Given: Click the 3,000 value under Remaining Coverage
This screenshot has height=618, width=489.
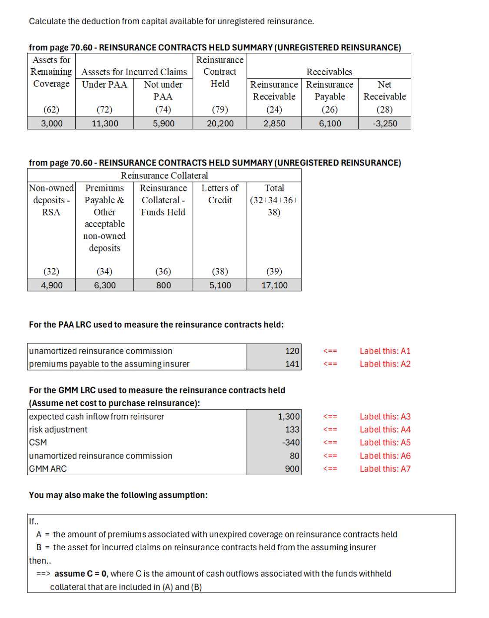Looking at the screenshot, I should tap(52, 123).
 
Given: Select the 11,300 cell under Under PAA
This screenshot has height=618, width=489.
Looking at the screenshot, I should tap(105, 123).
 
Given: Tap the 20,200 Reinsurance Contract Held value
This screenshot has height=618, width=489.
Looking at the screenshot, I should tap(220, 123).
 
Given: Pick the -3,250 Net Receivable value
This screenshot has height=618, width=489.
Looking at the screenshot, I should tap(385, 123).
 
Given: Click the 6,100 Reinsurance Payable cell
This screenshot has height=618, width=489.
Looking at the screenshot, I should tap(330, 123).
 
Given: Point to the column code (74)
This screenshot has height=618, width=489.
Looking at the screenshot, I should tap(163, 109).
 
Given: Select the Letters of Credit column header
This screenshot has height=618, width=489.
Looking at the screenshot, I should tap(220, 194).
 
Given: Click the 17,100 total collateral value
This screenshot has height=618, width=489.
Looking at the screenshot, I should tap(274, 285).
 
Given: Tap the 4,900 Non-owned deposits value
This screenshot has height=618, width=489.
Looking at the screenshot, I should tap(52, 285).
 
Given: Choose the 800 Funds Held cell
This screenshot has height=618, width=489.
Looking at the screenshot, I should tap(163, 285).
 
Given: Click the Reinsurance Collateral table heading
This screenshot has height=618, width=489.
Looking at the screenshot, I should tap(164, 175).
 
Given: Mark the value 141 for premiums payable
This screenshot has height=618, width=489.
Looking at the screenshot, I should tap(292, 364).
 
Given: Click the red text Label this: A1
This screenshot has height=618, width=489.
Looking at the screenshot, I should tap(385, 351).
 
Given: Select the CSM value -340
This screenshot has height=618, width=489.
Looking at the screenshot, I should tap(291, 443).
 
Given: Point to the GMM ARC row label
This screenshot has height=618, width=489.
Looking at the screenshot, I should tap(48, 469).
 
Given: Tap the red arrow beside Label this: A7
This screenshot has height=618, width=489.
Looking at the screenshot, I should tap(330, 469).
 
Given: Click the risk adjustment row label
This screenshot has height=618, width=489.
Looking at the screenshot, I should tap(58, 430).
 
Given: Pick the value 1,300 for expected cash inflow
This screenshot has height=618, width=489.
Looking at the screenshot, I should tap(289, 416).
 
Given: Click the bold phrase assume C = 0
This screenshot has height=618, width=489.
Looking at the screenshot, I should tap(80, 574).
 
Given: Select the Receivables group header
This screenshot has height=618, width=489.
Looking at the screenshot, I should tap(329, 72).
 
